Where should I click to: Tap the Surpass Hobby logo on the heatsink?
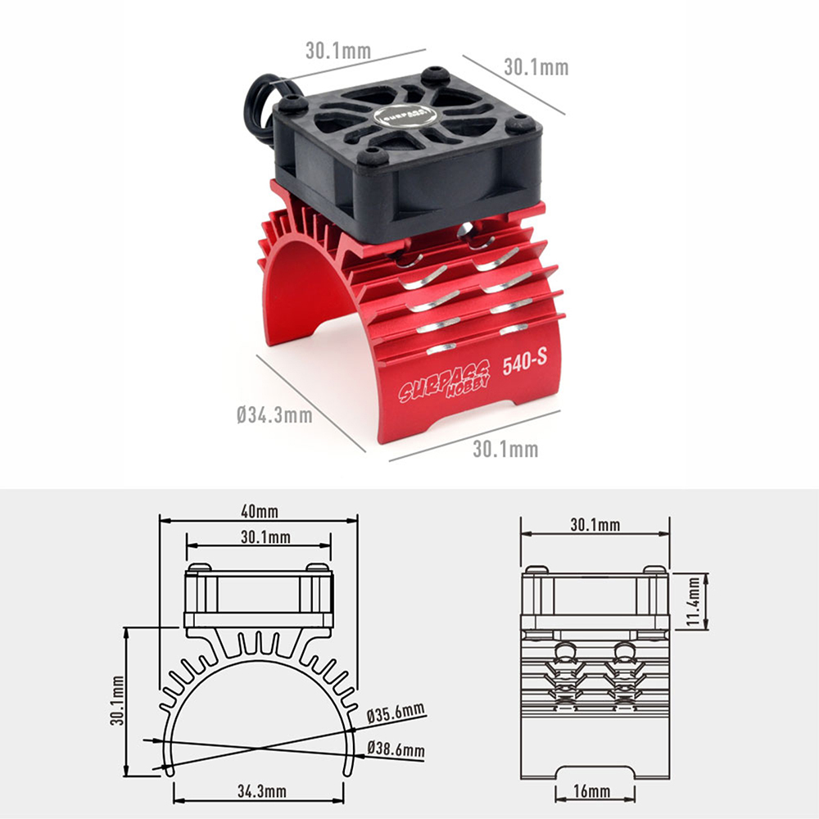[x=445, y=381]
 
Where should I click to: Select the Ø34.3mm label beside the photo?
[x=274, y=415]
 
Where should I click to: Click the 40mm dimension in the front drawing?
[x=259, y=511]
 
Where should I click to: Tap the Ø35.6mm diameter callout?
[x=396, y=713]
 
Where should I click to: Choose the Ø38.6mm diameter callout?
[x=396, y=749]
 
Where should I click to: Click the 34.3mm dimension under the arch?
[x=262, y=791]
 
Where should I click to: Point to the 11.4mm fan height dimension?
[x=693, y=601]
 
